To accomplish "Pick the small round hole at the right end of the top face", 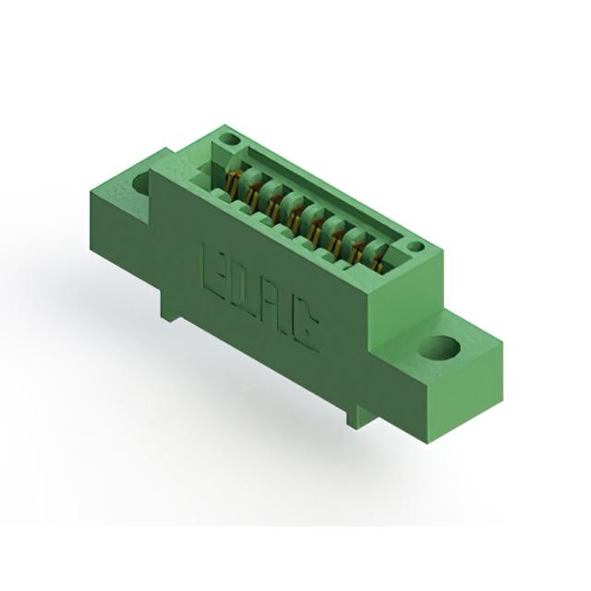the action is click(416, 247).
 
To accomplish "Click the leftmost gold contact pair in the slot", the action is click(231, 185).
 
